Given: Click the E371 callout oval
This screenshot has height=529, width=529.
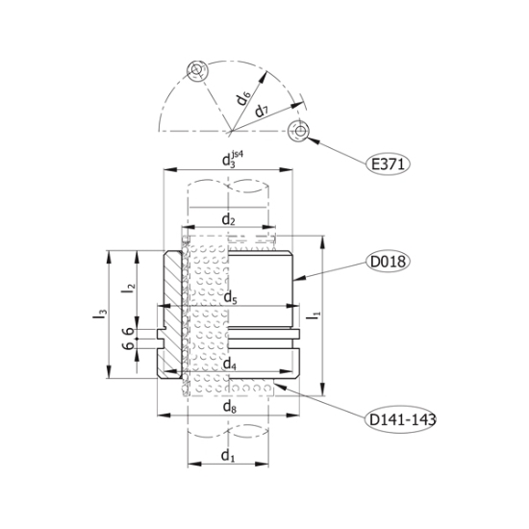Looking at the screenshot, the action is tap(388, 164).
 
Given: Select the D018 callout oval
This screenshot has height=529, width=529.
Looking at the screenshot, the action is tap(388, 262).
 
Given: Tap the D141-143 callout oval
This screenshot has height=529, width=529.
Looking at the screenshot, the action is tap(401, 419).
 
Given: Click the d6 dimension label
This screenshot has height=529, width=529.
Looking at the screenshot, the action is tap(243, 98).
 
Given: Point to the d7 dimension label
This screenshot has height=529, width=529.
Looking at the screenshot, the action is tap(262, 110).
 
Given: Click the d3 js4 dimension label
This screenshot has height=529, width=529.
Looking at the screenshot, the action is tap(233, 160).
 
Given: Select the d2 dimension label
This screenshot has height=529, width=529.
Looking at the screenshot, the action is tap(228, 219).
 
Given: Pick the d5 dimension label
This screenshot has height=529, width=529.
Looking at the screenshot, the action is tap(231, 297).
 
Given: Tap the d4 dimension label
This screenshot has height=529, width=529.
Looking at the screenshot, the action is tap(230, 364).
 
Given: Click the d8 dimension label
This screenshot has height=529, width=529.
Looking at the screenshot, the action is tap(230, 407).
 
